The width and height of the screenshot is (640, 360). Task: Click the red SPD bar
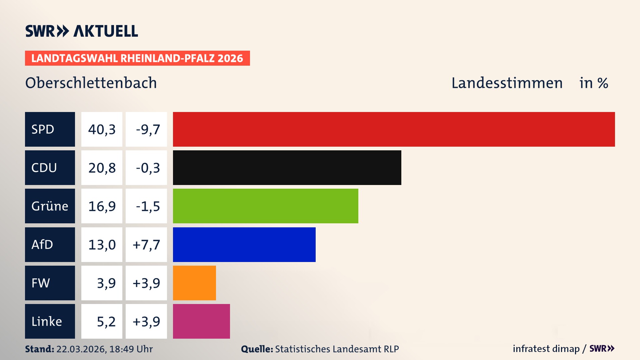tap(393, 129)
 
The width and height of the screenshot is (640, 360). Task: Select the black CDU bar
tap(287, 168)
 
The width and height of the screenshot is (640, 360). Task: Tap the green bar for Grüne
tap(265, 206)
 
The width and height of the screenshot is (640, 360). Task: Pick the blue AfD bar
tap(244, 245)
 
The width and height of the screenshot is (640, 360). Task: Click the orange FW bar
tap(194, 283)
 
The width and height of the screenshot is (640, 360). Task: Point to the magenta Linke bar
tap(201, 321)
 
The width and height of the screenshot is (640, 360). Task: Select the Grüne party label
tap(50, 206)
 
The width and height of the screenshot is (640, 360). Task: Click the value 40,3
tap(102, 129)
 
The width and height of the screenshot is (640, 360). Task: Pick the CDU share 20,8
tap(102, 168)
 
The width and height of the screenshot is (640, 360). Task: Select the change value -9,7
tap(148, 129)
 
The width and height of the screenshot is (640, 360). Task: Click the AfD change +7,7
tap(146, 245)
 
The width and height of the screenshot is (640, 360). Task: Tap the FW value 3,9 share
tap(106, 283)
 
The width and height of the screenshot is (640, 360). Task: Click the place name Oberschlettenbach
tap(91, 83)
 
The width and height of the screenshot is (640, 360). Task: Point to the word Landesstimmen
tap(507, 83)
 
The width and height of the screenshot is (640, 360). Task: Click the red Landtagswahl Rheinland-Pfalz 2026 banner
tap(137, 58)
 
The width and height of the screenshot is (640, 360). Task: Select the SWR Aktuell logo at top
tap(82, 31)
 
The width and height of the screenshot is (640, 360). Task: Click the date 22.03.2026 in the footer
tap(81, 349)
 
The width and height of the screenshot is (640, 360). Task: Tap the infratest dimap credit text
tap(546, 349)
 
